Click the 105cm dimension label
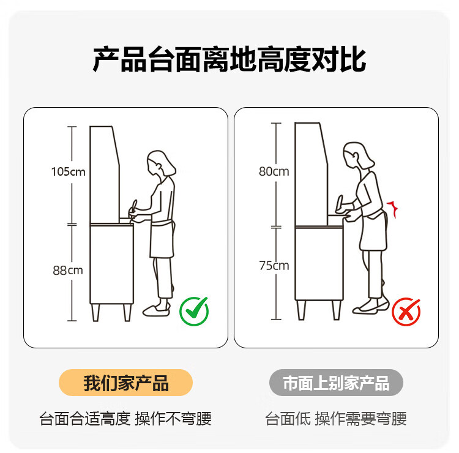pyautogui.click(x=68, y=171)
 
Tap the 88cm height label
pyautogui.click(x=68, y=271)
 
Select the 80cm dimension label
pyautogui.click(x=274, y=171)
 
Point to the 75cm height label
pyautogui.click(x=274, y=266)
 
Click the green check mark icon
pyautogui.click(x=194, y=311)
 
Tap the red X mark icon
pyautogui.click(x=406, y=312)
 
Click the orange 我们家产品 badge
pyautogui.click(x=126, y=383)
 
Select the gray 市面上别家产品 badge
pyautogui.click(x=336, y=383)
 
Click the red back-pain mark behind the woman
pyautogui.click(x=392, y=209)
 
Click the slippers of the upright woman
pyautogui.click(x=157, y=310)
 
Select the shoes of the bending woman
pyautogui.click(x=371, y=307)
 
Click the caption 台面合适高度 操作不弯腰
pyautogui.click(x=125, y=419)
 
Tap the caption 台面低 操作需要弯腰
pyautogui.click(x=336, y=419)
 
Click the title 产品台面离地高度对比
pyautogui.click(x=229, y=59)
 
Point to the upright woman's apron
pyautogui.click(x=162, y=239)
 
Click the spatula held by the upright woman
pyautogui.click(x=134, y=206)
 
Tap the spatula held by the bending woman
pyautogui.click(x=340, y=203)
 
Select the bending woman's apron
pyautogui.click(x=373, y=230)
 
